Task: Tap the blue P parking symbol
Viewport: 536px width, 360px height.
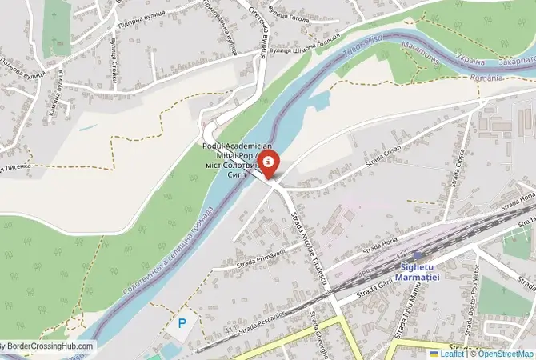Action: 182,324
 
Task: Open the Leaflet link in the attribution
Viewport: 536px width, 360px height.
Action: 452,353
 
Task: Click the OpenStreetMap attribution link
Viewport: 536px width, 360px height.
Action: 503,353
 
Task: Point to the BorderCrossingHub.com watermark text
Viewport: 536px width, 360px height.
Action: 48,347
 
